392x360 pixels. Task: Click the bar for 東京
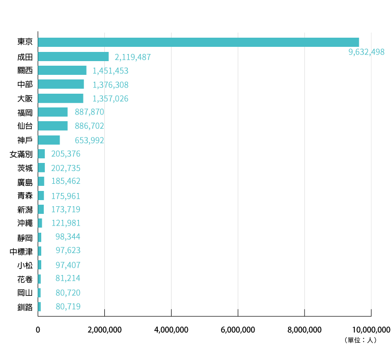point(198,42)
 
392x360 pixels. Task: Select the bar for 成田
point(73,57)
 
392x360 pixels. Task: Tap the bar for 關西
point(62,70)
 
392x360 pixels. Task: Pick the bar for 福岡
point(52,112)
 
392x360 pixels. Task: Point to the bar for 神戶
point(49,140)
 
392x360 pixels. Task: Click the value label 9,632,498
point(367,52)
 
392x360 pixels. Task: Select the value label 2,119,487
point(133,57)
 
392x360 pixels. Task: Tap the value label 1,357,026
point(110,98)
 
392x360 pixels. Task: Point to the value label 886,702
point(89,126)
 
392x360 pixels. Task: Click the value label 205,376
point(66,154)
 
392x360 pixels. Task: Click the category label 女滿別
point(21,154)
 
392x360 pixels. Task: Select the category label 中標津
point(21,251)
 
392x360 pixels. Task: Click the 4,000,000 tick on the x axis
point(171,330)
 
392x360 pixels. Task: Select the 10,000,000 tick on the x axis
point(371,330)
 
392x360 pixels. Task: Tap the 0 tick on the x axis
point(38,330)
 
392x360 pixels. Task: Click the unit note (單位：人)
point(360,340)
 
